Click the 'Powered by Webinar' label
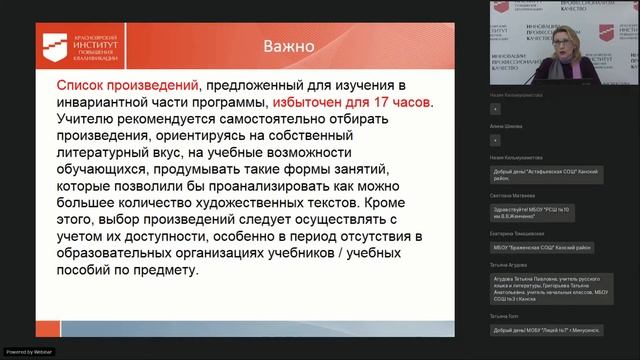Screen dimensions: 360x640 coord(30,352)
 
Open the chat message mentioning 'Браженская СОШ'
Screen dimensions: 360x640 coord(544,247)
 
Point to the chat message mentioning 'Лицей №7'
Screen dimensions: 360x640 coord(544,330)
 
